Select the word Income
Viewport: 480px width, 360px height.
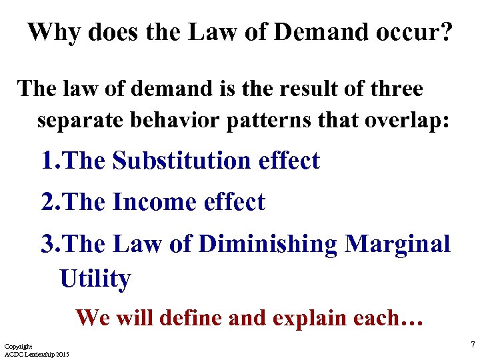[x=153, y=202]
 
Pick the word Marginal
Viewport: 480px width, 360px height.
[x=397, y=244]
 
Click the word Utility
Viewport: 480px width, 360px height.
[x=95, y=279]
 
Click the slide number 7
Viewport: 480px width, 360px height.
[x=472, y=345]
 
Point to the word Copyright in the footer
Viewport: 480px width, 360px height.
[x=18, y=347]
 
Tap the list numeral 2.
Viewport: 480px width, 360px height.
[x=47, y=202]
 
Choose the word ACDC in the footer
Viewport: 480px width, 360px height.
[x=13, y=353]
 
